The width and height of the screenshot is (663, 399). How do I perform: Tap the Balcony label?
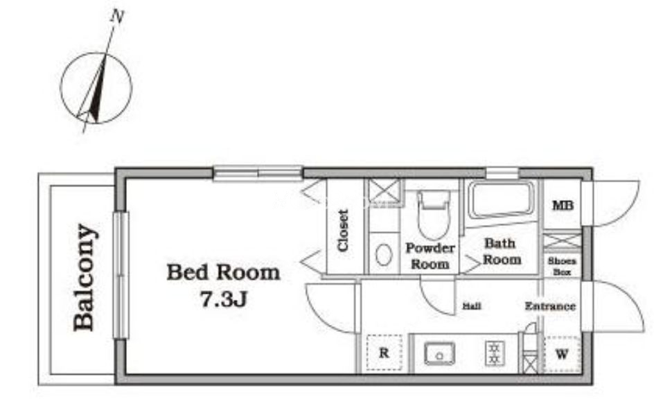tap(84, 277)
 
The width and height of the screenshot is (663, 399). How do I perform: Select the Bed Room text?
tap(223, 273)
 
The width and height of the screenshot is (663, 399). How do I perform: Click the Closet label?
tap(343, 231)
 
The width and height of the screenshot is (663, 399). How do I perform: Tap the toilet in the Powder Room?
tap(433, 215)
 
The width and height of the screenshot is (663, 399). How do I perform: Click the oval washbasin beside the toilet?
tap(384, 256)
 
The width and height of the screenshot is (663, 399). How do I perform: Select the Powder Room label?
tap(430, 256)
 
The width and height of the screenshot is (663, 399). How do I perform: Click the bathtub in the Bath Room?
tap(501, 201)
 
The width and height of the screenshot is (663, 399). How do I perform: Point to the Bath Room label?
tap(502, 251)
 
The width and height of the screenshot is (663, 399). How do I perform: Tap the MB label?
tap(563, 206)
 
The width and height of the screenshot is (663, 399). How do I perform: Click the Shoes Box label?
tap(562, 267)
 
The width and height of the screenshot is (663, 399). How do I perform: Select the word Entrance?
tap(550, 306)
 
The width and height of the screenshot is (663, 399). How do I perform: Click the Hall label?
tap(472, 305)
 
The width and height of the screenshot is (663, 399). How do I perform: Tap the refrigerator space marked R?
tap(384, 353)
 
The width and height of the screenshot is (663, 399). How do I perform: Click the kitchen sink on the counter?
tap(440, 353)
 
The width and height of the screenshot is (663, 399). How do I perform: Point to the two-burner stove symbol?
tap(495, 353)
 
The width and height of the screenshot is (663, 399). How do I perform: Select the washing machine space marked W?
tap(562, 354)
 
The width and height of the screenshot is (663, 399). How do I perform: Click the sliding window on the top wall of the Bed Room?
tap(258, 173)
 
